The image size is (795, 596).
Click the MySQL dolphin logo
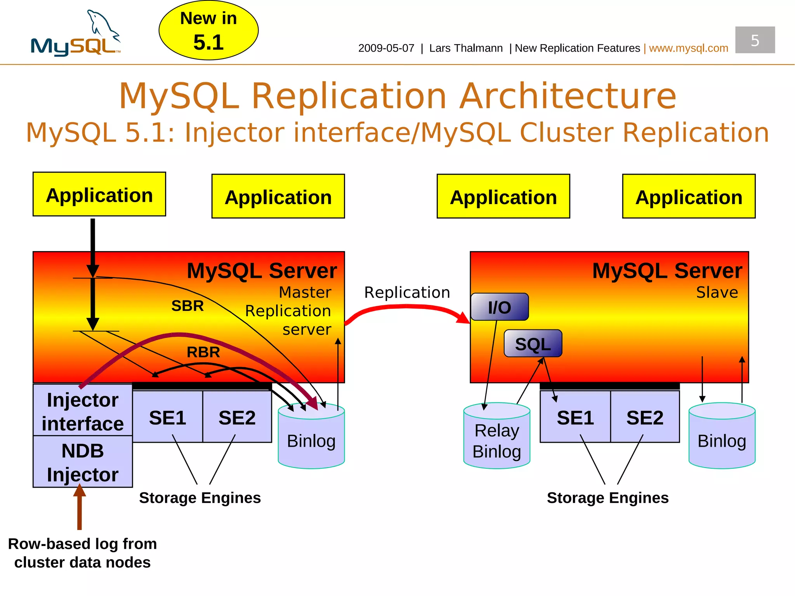pyautogui.click(x=76, y=35)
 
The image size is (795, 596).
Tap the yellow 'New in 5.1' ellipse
pyautogui.click(x=208, y=30)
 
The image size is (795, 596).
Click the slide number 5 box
pyautogui.click(x=755, y=40)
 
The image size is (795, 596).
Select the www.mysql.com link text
pyautogui.click(x=688, y=48)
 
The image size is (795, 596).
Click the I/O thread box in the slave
pyautogui.click(x=499, y=307)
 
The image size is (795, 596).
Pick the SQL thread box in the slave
pyautogui.click(x=533, y=343)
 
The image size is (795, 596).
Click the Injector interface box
pyautogui.click(x=83, y=411)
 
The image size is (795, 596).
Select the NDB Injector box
pyautogui.click(x=83, y=462)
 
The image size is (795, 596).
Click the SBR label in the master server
pyautogui.click(x=187, y=306)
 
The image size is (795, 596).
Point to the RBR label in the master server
pyautogui.click(x=203, y=352)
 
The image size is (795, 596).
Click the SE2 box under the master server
pyautogui.click(x=237, y=417)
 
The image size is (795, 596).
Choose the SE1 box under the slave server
pyautogui.click(x=575, y=417)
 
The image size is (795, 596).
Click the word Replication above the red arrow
pyautogui.click(x=407, y=292)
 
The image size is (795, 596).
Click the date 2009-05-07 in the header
pyautogui.click(x=386, y=48)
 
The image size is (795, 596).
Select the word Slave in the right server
pyautogui.click(x=717, y=292)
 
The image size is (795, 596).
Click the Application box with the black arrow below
pyautogui.click(x=99, y=194)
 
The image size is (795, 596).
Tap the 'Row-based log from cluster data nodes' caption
pyautogui.click(x=82, y=553)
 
